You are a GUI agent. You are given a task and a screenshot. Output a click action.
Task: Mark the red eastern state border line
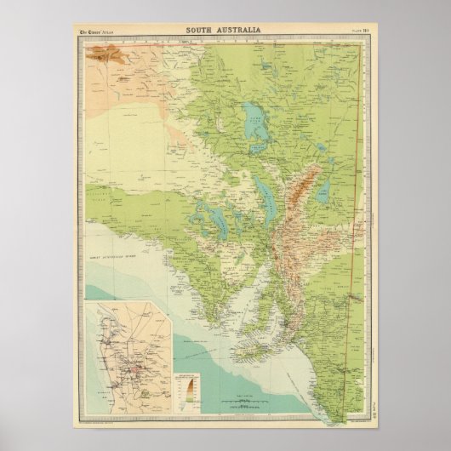click(350, 255)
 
